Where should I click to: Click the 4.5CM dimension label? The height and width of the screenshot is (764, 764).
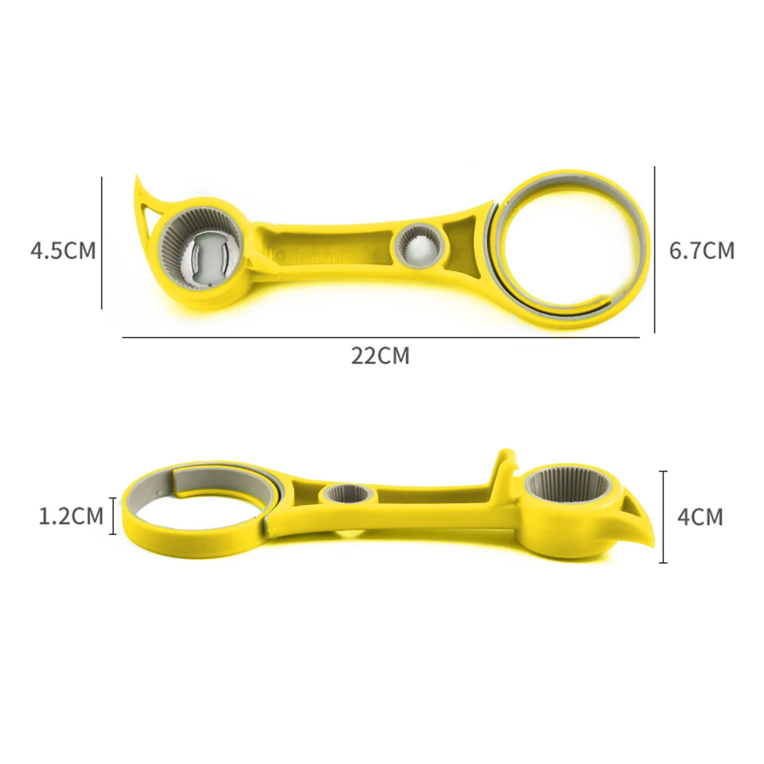[63, 250]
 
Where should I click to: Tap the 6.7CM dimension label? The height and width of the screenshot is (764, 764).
[701, 250]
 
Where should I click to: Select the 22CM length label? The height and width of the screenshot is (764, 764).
[381, 356]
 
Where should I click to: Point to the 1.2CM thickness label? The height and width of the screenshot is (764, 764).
[71, 516]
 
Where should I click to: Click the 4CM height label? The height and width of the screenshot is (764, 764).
[700, 517]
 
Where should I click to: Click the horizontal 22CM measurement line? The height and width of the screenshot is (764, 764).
[381, 338]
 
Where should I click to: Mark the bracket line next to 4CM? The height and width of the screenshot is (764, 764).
[663, 517]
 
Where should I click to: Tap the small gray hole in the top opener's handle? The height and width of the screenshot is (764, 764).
[421, 246]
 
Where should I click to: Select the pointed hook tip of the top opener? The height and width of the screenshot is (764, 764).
[138, 179]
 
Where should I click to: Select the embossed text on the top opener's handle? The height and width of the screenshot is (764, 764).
[329, 253]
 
